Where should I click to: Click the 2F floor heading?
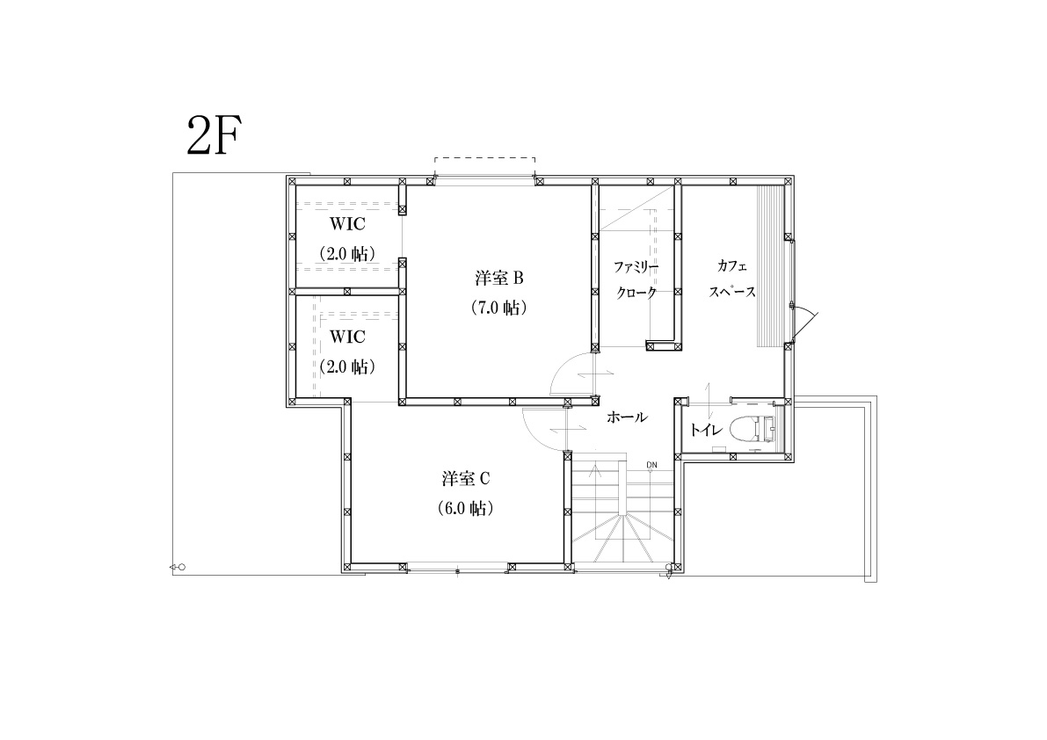(214, 135)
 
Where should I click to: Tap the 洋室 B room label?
(498, 278)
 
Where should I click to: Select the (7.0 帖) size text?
(498, 308)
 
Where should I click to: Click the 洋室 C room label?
(465, 478)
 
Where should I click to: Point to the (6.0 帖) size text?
(465, 509)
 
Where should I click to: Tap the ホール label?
(627, 417)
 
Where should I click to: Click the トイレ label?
(707, 431)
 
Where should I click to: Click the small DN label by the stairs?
(651, 465)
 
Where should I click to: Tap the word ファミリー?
(636, 267)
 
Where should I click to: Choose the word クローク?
(636, 293)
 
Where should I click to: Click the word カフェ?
(731, 265)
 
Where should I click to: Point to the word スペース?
(731, 292)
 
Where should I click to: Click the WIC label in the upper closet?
(347, 224)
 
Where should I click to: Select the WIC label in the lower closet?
(347, 337)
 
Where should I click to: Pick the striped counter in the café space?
(770, 265)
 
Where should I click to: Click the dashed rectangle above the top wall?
(484, 158)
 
